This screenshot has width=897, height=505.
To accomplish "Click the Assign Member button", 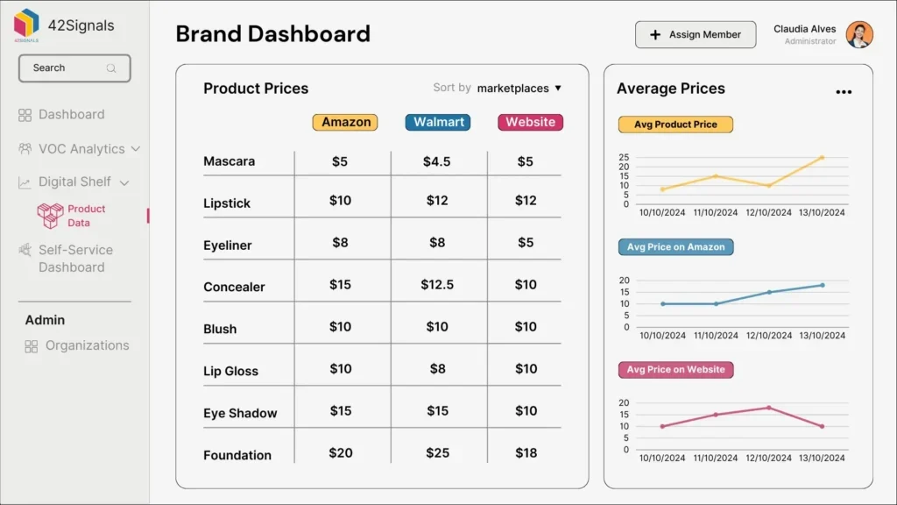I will [x=695, y=35].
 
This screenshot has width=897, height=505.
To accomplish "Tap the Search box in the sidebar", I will [x=74, y=68].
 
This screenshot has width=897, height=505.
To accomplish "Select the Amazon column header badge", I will [x=345, y=123].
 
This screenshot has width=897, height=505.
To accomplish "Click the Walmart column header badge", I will [x=437, y=123].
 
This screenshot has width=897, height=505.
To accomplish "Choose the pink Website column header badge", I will [x=530, y=123].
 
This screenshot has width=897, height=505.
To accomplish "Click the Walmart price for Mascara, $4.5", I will [x=437, y=161].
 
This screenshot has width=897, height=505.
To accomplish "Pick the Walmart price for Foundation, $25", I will [x=437, y=453].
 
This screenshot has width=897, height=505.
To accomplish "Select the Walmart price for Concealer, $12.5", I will [x=437, y=285].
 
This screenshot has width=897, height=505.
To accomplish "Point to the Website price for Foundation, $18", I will [x=526, y=453].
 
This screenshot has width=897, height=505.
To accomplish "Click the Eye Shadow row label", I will [x=240, y=413].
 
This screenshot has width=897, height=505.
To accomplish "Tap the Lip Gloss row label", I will [x=230, y=371].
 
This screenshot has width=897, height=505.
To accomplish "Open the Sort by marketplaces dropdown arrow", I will [x=558, y=89].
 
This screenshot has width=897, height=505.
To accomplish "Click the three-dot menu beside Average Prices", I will [x=843, y=92].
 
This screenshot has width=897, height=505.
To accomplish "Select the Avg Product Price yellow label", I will [x=675, y=124].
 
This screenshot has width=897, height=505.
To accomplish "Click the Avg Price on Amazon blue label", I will [x=675, y=247].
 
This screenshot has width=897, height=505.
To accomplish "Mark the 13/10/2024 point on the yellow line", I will [x=822, y=158].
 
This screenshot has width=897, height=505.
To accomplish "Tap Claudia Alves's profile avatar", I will [x=859, y=35].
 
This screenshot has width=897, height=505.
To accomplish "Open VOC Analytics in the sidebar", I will [x=81, y=149].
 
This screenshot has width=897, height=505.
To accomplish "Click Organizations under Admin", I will [x=87, y=345].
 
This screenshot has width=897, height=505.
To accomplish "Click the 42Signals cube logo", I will [x=26, y=23].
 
